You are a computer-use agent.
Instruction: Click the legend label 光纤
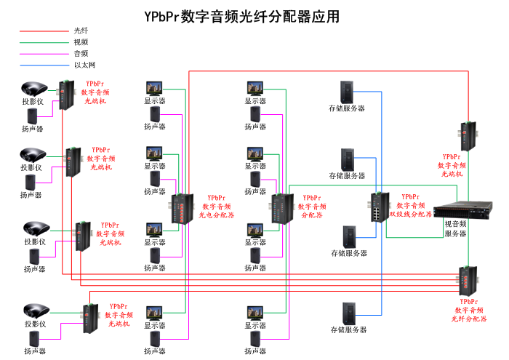(x=81, y=31)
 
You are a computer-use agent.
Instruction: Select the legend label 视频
(x=81, y=42)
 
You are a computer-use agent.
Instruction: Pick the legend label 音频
(x=81, y=53)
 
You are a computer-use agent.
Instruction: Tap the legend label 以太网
(x=84, y=65)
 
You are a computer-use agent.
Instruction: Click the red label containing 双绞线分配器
(x=410, y=206)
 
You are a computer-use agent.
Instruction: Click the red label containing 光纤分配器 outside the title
(x=469, y=310)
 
